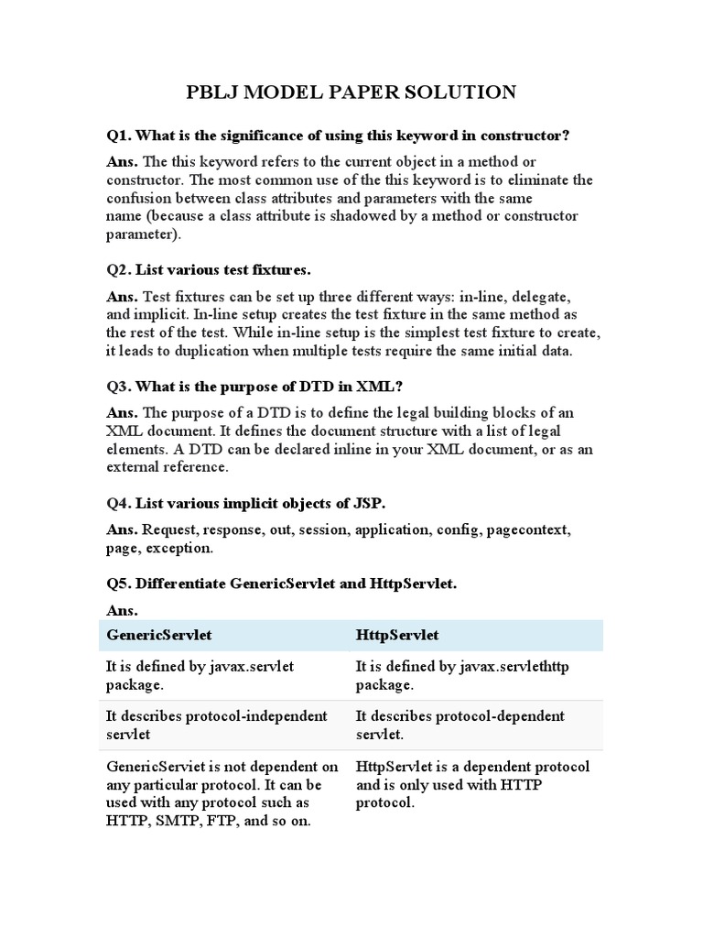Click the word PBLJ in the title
click(213, 92)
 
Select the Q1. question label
click(119, 136)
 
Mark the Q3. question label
click(119, 387)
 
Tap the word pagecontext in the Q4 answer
click(530, 529)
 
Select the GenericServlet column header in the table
click(153, 635)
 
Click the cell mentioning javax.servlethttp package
click(462, 676)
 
